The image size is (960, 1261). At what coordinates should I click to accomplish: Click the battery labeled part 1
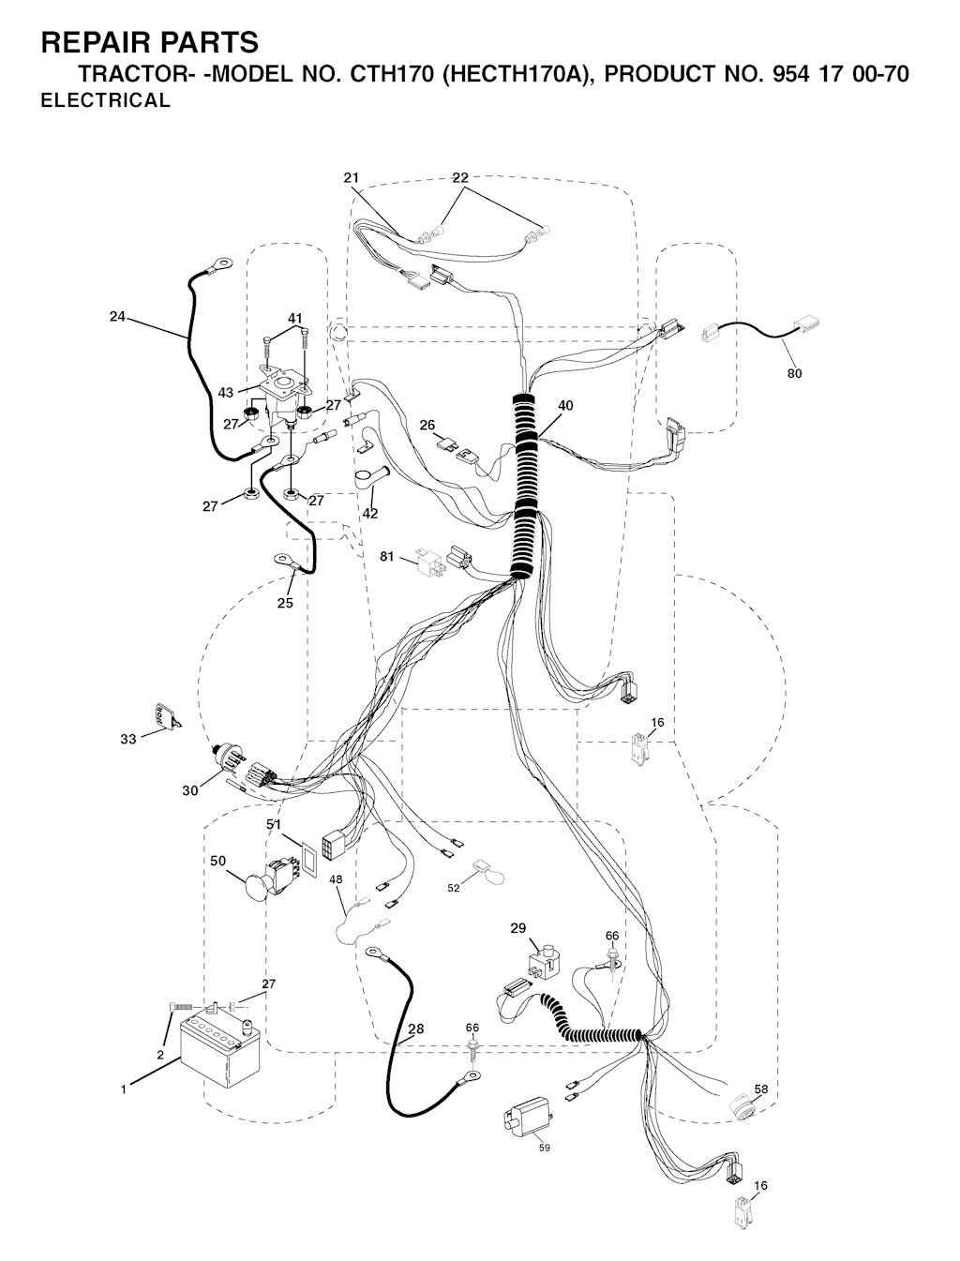(220, 1055)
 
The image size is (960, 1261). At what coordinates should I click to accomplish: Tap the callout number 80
(794, 373)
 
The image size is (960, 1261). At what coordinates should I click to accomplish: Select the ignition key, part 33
(166, 715)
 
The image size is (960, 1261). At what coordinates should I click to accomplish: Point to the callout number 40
(565, 405)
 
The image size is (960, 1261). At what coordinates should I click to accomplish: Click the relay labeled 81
(430, 561)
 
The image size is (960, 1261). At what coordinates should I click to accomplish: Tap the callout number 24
(117, 316)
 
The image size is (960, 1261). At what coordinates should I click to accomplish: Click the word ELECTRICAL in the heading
(106, 100)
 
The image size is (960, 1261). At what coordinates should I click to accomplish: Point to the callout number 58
(760, 1088)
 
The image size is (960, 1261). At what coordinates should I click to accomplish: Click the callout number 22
(460, 178)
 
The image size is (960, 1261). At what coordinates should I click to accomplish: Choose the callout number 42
(370, 513)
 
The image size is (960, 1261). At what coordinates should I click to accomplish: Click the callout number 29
(518, 928)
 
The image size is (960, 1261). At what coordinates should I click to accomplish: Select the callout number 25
(285, 603)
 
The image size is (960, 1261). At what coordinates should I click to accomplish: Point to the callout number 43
(226, 393)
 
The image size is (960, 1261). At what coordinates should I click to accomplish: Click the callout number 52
(454, 888)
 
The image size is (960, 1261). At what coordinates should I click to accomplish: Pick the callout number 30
(190, 790)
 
